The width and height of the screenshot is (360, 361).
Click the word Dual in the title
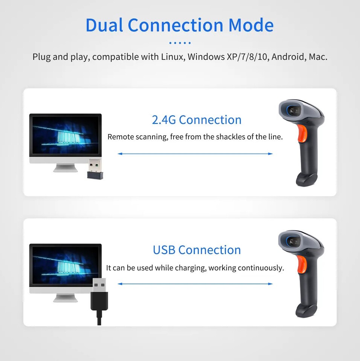104,25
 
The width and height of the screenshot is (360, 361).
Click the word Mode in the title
251,25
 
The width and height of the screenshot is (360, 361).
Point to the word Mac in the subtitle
318,57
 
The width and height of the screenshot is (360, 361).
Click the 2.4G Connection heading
197,120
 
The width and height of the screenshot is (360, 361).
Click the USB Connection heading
197,250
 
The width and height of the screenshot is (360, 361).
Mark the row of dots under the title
180,43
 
